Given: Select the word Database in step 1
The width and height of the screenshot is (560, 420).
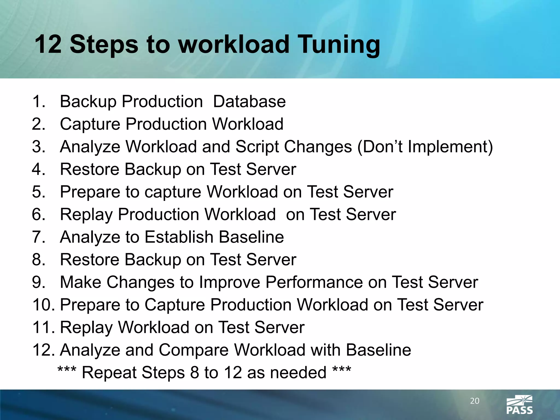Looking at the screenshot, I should coord(249,101).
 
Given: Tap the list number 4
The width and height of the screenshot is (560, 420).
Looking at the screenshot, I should coord(38,169).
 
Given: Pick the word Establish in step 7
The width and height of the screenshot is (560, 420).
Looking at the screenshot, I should coord(179,237).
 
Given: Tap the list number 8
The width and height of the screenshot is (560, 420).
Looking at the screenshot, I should coord(38,259).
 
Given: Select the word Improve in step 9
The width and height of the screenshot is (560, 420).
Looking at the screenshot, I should coord(229,282).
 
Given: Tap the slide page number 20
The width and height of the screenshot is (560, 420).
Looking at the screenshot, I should coord(475,401).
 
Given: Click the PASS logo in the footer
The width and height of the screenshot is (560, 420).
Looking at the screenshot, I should coord(519,405).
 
